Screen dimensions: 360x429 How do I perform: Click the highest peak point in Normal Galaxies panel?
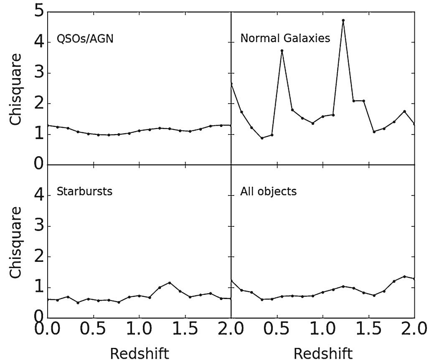(343, 20)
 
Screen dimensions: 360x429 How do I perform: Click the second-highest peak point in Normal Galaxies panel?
(282, 51)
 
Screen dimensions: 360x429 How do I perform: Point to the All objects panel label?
(268, 192)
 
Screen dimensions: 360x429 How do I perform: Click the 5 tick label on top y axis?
(40, 12)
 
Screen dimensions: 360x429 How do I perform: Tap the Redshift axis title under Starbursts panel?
(140, 353)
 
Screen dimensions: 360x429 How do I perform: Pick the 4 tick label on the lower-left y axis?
(40, 195)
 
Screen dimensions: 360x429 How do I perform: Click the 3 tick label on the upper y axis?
(40, 73)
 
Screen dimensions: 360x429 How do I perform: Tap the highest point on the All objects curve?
(404, 276)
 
